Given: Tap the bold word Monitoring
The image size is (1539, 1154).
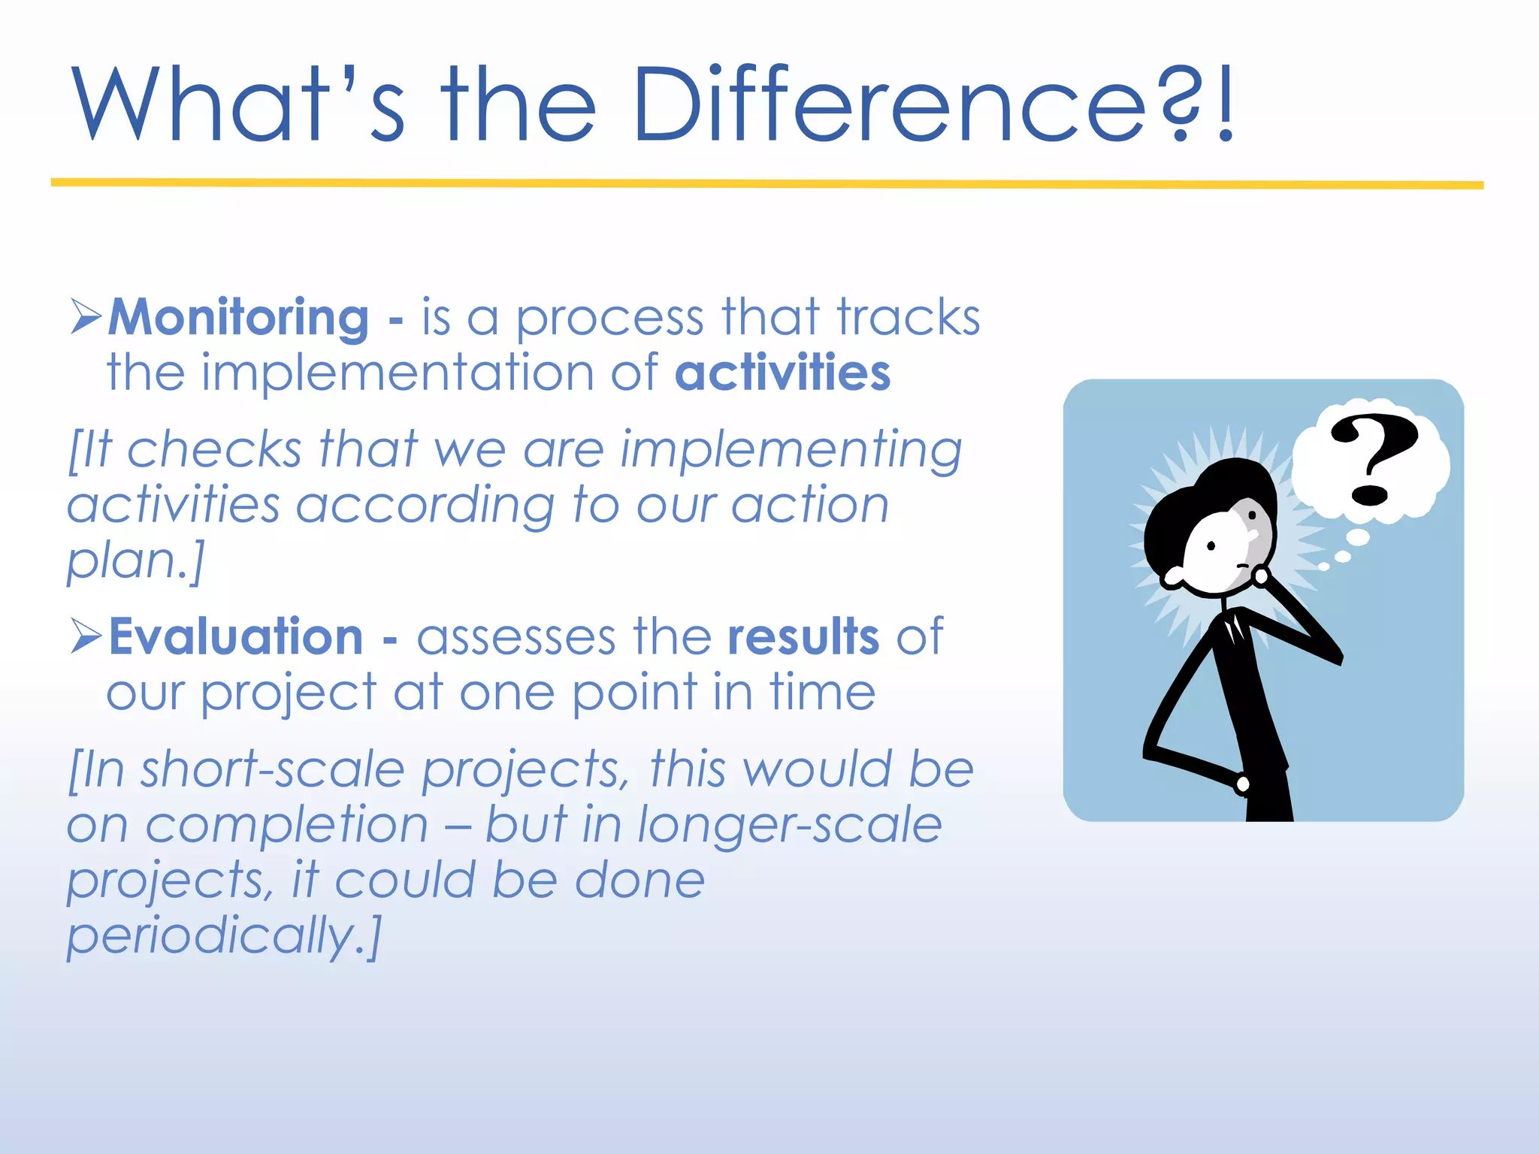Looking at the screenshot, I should point(239,317).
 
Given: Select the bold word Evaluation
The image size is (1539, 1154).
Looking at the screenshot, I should point(237,637).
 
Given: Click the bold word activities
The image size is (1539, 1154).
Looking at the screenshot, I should point(782,373).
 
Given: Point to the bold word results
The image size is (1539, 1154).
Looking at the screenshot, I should point(803,637).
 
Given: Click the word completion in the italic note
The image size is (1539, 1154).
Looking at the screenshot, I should point(286,825).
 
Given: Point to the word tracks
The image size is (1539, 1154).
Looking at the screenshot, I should point(909,317).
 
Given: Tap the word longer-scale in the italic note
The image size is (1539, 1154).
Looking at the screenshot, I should point(788,825).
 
